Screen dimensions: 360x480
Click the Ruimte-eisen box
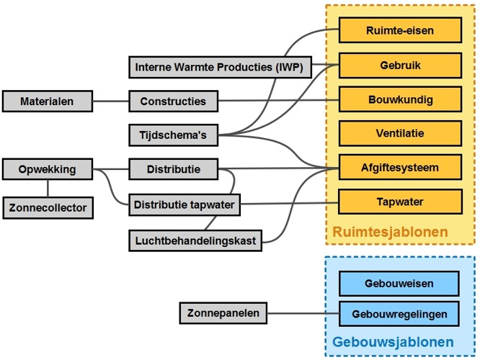pos(399,32)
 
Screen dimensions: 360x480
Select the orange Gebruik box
pos(399,66)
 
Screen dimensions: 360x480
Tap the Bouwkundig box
pos(399,99)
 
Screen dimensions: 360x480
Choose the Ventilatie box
pos(399,133)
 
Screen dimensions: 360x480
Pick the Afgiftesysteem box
pos(399,168)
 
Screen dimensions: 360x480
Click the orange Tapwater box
pos(399,202)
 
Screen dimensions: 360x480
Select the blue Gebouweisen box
pos(399,283)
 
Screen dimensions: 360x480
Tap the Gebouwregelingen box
pos(399,314)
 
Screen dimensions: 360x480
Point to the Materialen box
pos(47,102)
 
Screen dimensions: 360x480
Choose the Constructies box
pos(173,102)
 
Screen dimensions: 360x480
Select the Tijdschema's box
pos(173,135)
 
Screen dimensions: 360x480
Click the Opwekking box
pos(48,171)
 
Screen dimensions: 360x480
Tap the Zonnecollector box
pos(48,208)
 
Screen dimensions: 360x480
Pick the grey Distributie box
pos(174,171)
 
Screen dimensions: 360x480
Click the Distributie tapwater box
pos(184,204)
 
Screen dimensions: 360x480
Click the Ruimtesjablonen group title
pos(390,232)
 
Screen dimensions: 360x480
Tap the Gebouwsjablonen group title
pos(393,342)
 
